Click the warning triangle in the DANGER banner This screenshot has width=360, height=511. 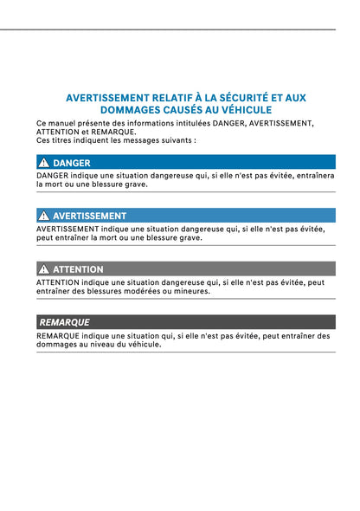tap(44, 162)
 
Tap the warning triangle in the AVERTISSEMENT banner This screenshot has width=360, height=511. tap(44, 216)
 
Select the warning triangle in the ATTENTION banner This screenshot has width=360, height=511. tap(44, 269)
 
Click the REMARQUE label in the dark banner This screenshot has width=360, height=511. tap(65, 322)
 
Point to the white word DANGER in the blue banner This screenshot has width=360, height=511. tap(72, 162)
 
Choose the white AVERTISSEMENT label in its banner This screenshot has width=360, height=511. tap(90, 216)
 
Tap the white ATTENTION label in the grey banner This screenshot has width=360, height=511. tap(78, 269)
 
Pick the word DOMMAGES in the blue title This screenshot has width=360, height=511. tap(134, 110)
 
